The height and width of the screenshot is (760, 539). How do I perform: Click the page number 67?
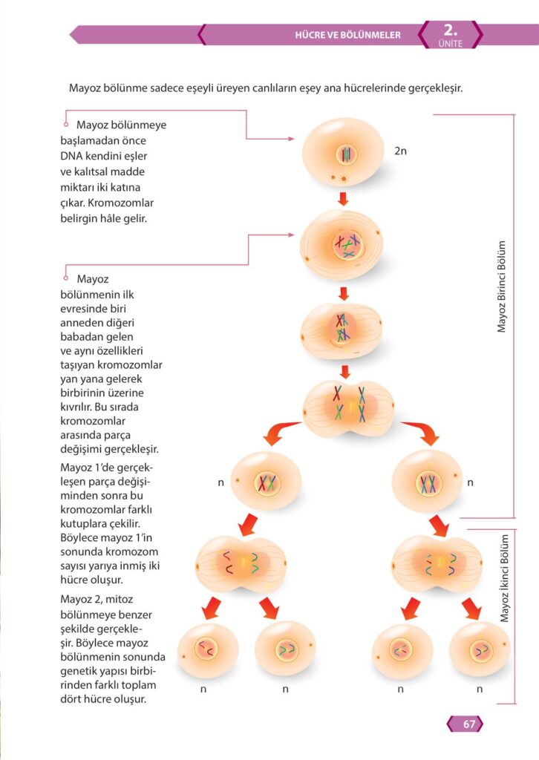tap(468, 724)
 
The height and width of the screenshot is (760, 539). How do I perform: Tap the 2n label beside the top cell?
tap(401, 151)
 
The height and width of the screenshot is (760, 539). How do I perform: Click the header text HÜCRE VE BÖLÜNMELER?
tap(347, 35)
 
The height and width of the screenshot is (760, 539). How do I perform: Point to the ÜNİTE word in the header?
tap(450, 44)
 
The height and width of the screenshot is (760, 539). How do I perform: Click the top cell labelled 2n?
tap(343, 153)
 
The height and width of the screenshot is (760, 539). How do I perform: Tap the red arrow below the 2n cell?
tap(343, 199)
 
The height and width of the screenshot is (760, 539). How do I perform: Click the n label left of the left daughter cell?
tap(220, 482)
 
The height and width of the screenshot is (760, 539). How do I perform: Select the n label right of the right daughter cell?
tap(470, 482)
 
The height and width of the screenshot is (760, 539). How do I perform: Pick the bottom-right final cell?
tap(480, 650)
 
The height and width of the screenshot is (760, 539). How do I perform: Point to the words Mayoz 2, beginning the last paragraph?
tap(82, 598)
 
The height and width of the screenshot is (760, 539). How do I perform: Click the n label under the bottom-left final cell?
tap(203, 689)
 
